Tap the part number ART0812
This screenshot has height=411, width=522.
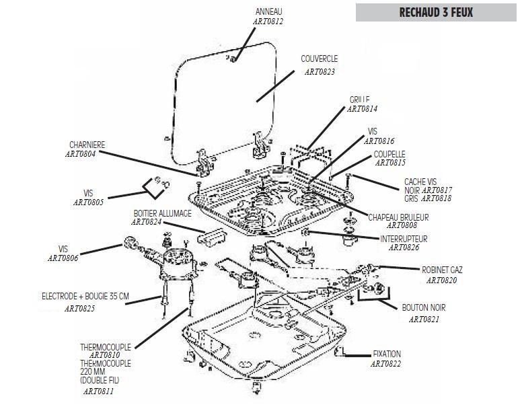(268, 21)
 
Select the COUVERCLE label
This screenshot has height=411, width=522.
(320, 59)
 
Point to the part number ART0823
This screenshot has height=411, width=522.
(320, 71)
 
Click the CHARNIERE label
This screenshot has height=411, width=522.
(87, 145)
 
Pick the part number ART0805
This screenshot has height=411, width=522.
(89, 202)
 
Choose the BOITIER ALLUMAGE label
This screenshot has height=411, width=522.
(162, 213)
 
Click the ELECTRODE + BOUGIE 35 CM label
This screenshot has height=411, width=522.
(85, 296)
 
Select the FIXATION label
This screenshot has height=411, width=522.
(387, 354)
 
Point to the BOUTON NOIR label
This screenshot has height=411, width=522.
(420, 307)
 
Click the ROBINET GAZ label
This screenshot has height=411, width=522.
(442, 270)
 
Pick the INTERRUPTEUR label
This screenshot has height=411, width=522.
(404, 239)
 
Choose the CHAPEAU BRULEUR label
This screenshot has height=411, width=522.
(398, 217)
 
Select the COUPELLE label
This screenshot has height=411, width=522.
(389, 154)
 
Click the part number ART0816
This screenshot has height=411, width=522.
(379, 141)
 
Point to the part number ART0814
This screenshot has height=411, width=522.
(363, 108)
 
